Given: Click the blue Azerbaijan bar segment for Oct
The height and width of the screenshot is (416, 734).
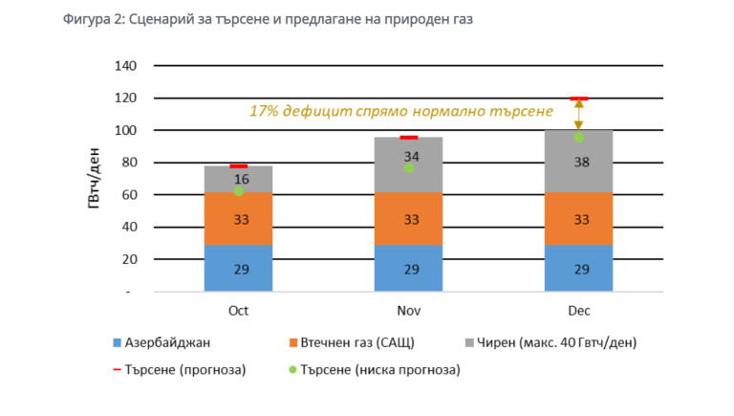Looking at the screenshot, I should click(239, 269).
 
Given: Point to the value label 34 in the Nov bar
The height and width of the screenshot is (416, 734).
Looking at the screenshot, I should click(411, 156).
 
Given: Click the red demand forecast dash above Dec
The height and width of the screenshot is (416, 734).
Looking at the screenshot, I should click(578, 99).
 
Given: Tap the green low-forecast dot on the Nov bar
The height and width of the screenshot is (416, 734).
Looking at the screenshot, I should click(408, 167).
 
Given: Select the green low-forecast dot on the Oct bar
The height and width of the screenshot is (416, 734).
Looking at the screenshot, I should click(239, 191).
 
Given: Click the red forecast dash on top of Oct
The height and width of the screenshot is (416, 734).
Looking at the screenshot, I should click(239, 166).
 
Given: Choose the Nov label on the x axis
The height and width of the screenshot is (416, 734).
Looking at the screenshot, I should click(408, 313).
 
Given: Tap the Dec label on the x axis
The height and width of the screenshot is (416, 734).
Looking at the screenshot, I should click(578, 313).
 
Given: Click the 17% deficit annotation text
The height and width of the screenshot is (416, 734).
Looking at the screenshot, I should click(401, 111).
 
